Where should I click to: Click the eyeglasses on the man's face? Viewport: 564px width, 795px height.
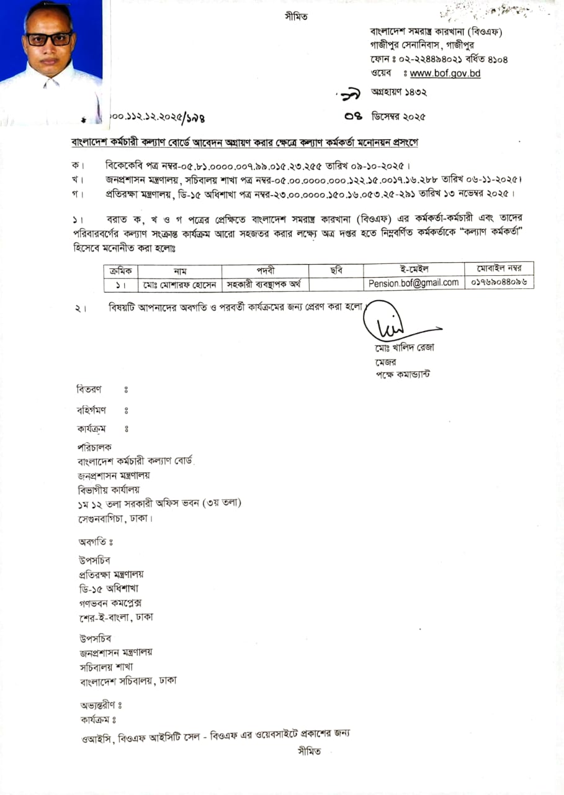[x=49, y=39]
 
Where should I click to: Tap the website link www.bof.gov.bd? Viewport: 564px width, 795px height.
[x=445, y=73]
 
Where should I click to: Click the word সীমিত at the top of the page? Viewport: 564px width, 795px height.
[x=295, y=16]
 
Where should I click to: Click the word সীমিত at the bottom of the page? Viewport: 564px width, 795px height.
[x=309, y=752]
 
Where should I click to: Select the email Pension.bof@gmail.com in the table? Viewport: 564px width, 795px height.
[x=413, y=283]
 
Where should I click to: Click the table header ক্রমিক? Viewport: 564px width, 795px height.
[x=122, y=270]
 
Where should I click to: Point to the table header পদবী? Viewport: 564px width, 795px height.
[x=265, y=270]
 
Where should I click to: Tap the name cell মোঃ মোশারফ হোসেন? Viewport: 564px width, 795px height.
[x=180, y=284]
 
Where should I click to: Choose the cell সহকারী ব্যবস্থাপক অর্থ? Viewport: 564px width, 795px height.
[x=264, y=284]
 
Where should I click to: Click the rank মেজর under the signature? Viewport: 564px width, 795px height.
[x=385, y=361]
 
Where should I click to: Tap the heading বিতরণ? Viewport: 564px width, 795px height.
[x=89, y=389]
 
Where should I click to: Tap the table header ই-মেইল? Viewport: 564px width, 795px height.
[x=413, y=269]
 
